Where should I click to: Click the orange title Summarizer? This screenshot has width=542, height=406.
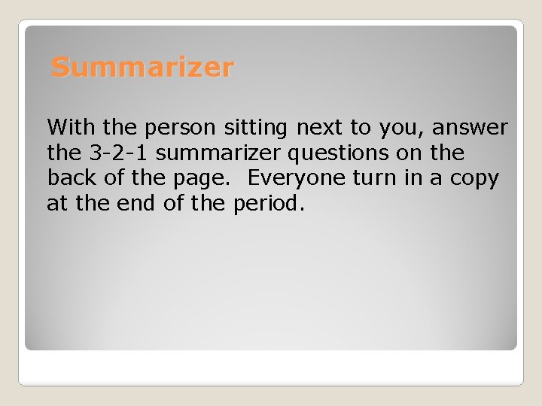click(x=142, y=68)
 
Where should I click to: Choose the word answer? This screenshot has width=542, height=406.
click(x=470, y=128)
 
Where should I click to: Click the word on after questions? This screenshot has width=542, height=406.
click(x=410, y=153)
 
